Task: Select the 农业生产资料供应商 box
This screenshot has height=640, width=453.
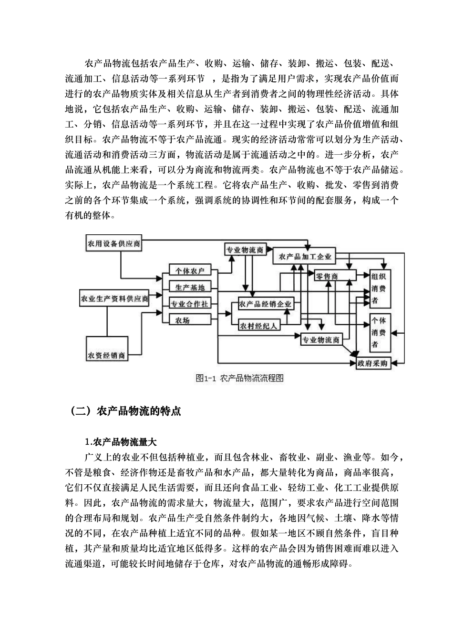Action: tap(115, 299)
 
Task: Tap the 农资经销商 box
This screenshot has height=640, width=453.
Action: tap(107, 355)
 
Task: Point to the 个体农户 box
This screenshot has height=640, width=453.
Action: tap(190, 271)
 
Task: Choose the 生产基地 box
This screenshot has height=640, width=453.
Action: tap(190, 287)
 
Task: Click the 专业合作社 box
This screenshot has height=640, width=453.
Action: tap(190, 304)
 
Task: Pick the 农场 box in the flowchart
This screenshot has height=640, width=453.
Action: tap(190, 320)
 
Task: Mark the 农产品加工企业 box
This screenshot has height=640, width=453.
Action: tap(305, 256)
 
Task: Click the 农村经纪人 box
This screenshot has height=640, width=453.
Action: tap(259, 326)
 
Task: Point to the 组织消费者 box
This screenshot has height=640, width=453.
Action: tap(380, 288)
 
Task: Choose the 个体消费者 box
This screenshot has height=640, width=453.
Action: tap(380, 332)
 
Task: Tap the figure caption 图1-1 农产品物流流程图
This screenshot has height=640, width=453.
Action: tap(239, 379)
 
